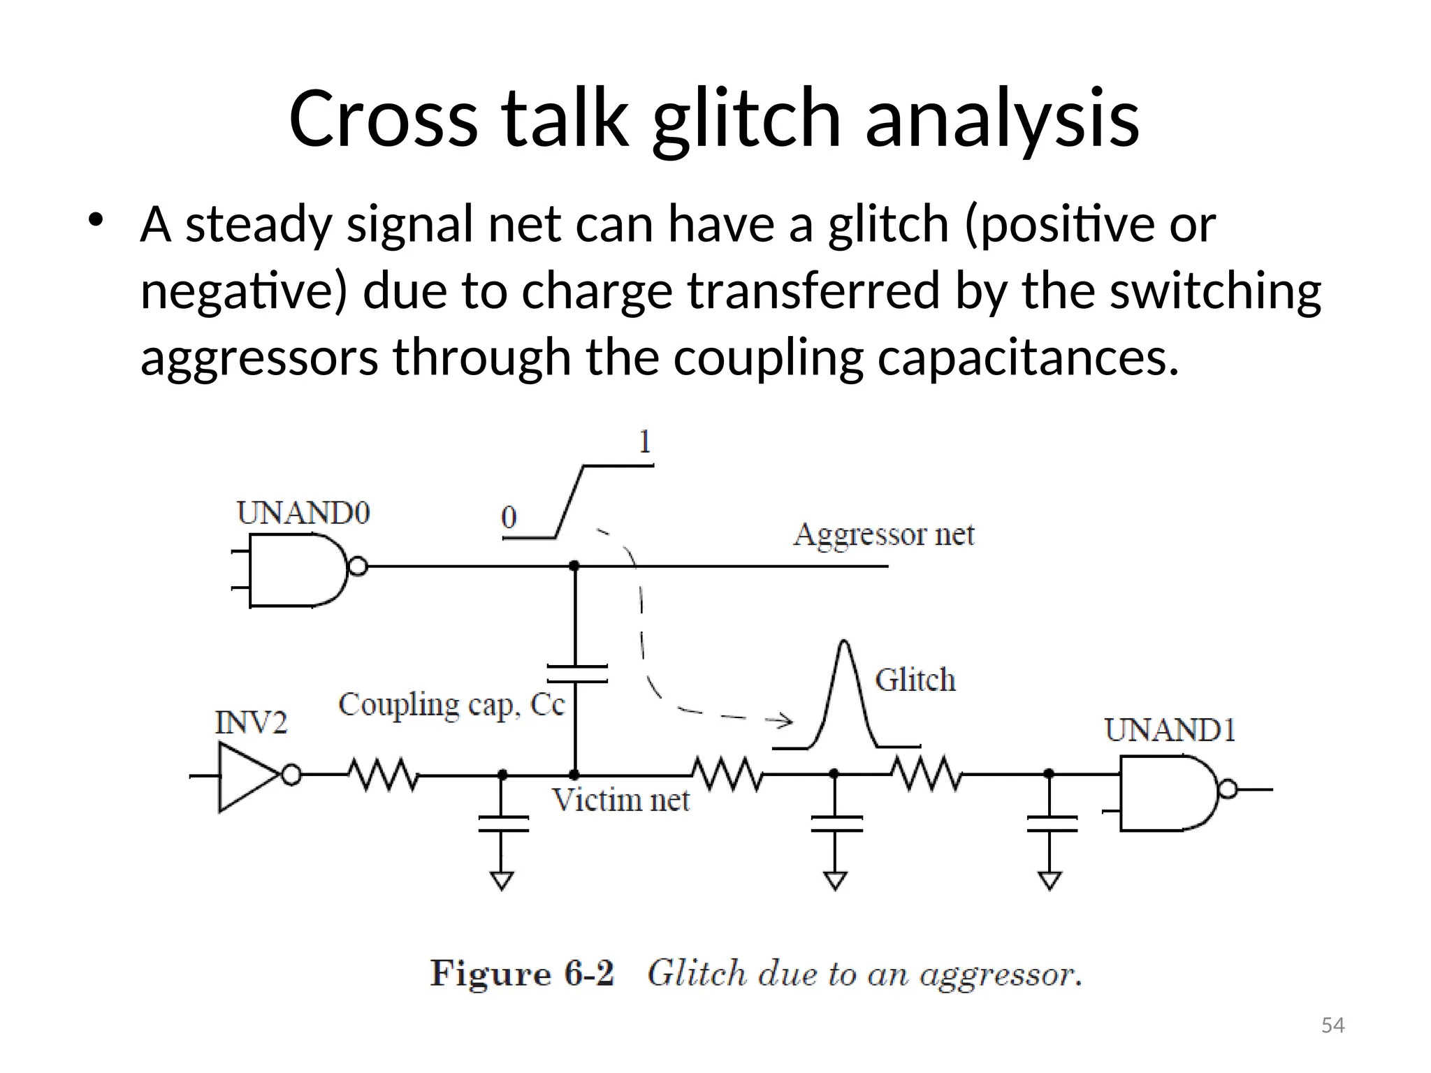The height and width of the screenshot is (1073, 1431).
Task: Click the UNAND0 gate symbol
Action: tap(297, 569)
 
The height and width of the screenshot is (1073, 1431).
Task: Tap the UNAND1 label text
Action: tap(1169, 731)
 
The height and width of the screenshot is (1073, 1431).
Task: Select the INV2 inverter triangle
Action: tap(246, 776)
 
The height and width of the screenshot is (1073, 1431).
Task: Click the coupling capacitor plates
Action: tap(576, 673)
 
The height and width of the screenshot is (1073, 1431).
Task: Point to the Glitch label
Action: tap(915, 680)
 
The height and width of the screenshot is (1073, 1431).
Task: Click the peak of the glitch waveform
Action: tap(845, 643)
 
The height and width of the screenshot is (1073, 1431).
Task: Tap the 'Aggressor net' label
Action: tap(883, 535)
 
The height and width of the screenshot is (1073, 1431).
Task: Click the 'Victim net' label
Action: tap(620, 801)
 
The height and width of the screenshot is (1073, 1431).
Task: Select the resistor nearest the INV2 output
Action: tap(382, 775)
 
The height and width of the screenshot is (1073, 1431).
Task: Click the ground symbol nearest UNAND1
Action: tap(1049, 880)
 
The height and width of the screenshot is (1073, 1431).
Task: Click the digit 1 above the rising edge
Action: tap(644, 441)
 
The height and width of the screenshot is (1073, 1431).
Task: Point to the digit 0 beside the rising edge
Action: tap(509, 518)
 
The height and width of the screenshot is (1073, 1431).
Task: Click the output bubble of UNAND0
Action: tap(357, 566)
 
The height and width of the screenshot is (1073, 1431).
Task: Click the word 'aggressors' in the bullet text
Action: tap(259, 357)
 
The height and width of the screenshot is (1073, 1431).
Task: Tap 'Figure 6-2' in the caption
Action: tap(521, 973)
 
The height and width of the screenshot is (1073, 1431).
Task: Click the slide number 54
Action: tap(1332, 1025)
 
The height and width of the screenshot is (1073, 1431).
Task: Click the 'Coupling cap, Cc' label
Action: tap(451, 705)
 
